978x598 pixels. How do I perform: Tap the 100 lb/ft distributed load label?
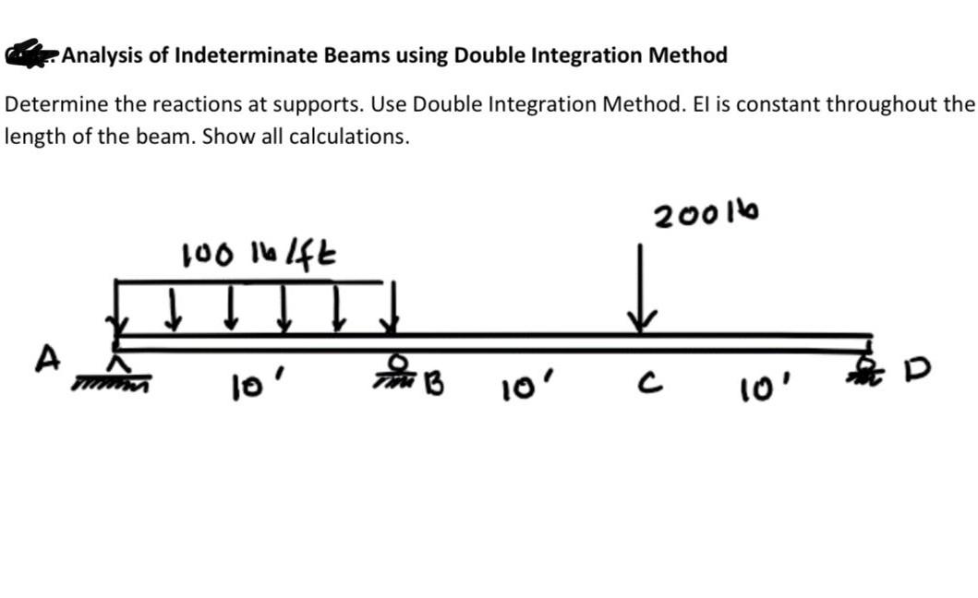click(259, 252)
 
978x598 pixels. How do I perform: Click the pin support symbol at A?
click(115, 368)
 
